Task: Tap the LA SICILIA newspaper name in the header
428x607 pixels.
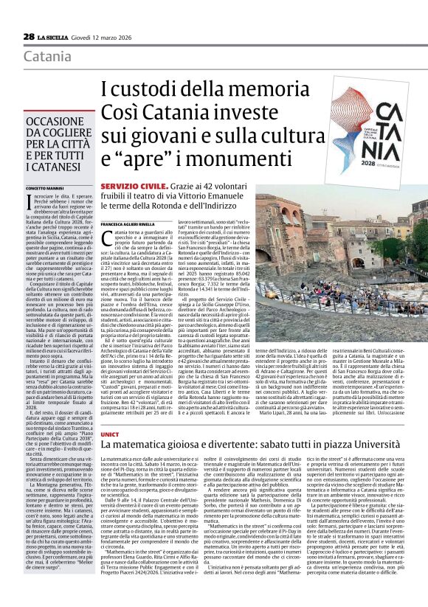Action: (55, 36)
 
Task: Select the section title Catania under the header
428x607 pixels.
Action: (48, 57)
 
